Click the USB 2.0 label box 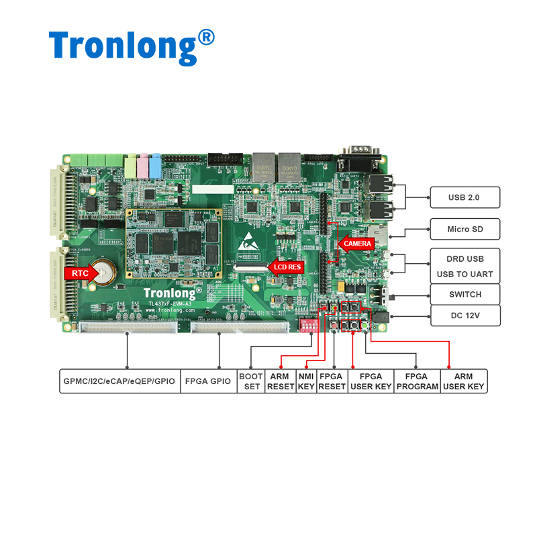click(465, 197)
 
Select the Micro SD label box click(465, 229)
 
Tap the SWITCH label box click(465, 294)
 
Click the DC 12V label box click(465, 315)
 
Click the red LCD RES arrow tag click(287, 267)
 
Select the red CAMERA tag click(356, 244)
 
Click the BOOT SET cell click(251, 381)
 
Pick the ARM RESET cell click(280, 381)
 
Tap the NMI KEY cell click(306, 381)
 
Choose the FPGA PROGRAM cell click(418, 381)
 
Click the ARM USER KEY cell click(464, 381)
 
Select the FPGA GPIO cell click(209, 381)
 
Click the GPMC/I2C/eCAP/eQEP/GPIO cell click(119, 381)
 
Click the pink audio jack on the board click(142, 164)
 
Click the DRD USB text click(465, 258)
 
